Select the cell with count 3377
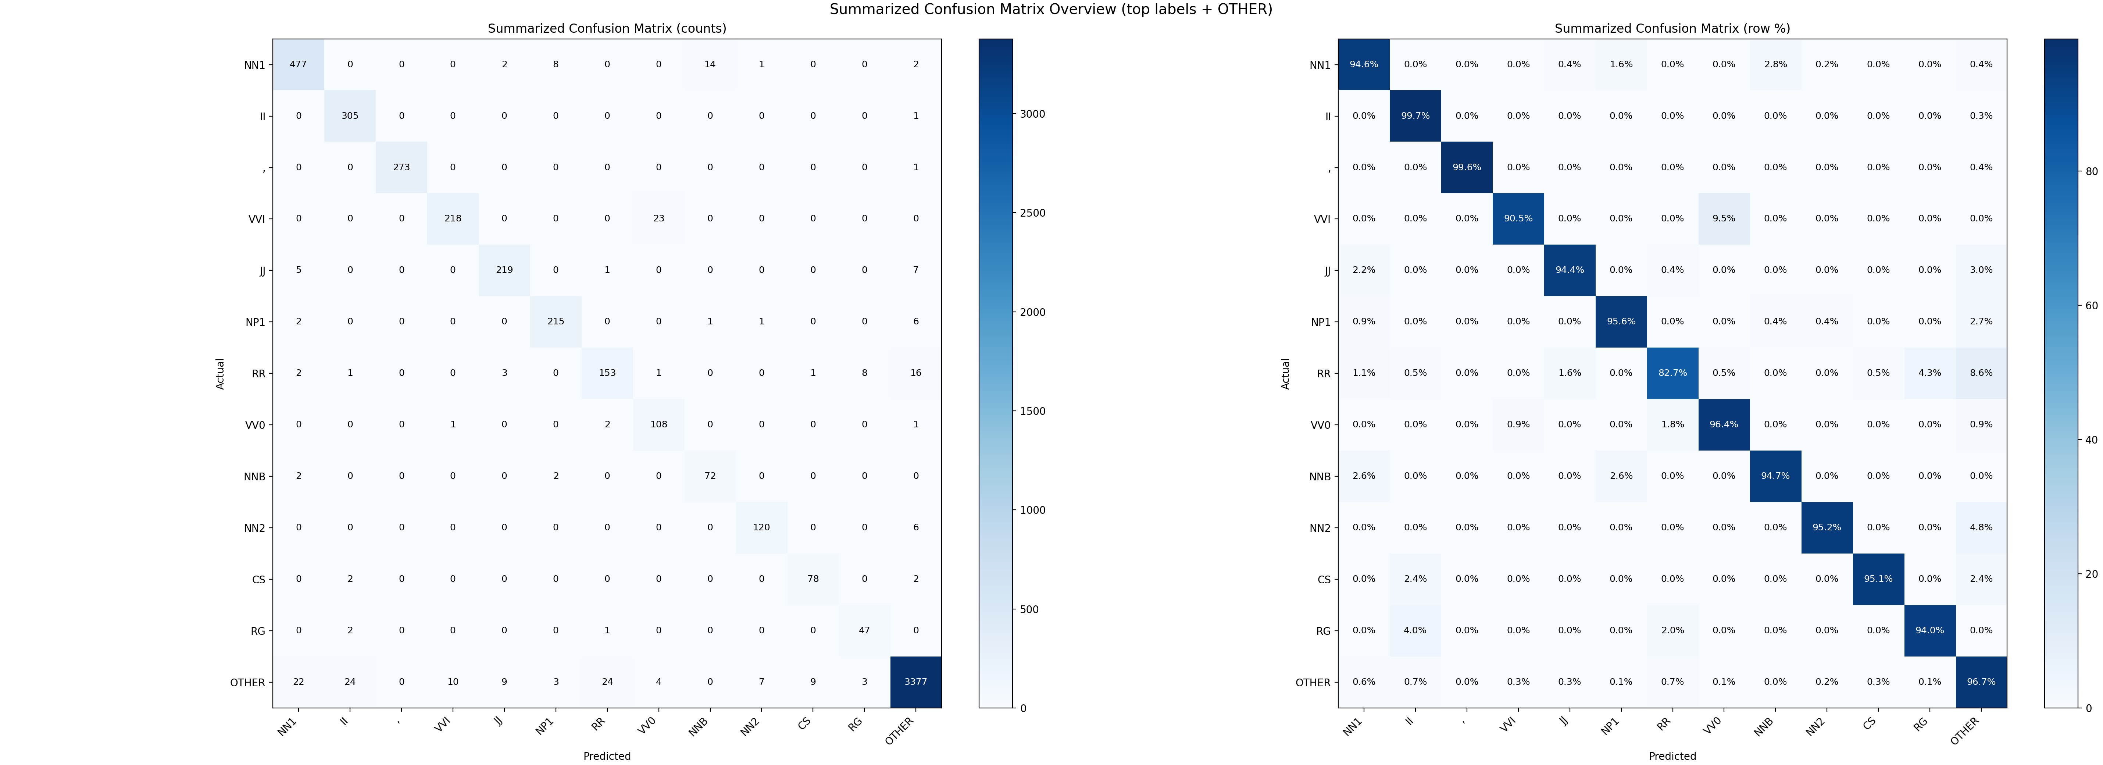pyautogui.click(x=916, y=682)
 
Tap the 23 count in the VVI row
pyautogui.click(x=659, y=219)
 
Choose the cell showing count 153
pyautogui.click(x=607, y=373)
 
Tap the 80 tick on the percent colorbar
pyautogui.click(x=2091, y=171)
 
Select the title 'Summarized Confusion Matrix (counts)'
pyautogui.click(x=607, y=29)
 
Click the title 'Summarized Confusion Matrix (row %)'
pyautogui.click(x=1672, y=29)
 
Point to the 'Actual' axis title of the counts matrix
pyautogui.click(x=221, y=373)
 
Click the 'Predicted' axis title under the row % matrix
pyautogui.click(x=1672, y=756)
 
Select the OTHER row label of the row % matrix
pyautogui.click(x=1313, y=683)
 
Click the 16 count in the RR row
pyautogui.click(x=916, y=373)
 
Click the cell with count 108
pyautogui.click(x=659, y=424)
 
